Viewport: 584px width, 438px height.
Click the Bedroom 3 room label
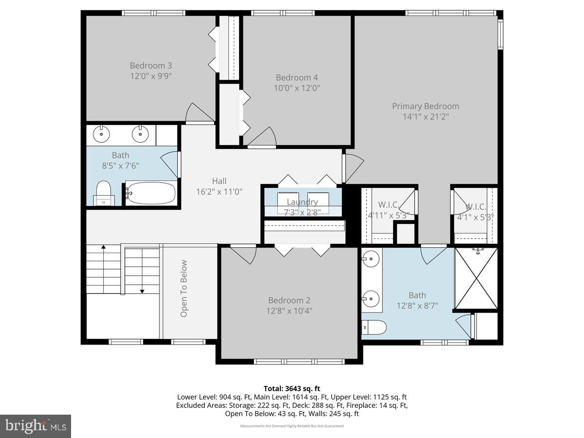[151, 66]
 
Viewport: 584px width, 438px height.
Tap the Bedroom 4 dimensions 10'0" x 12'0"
[297, 88]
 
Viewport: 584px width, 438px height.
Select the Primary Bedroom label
[426, 106]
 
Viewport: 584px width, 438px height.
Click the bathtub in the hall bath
[151, 193]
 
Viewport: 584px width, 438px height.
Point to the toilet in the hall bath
[103, 191]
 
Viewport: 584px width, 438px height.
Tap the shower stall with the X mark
[476, 279]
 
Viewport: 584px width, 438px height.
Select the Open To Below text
[184, 289]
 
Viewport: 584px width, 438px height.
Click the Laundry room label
[302, 202]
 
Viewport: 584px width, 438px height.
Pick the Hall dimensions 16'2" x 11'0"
[219, 192]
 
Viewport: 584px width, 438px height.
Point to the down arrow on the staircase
[142, 290]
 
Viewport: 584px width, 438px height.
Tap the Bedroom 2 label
[289, 301]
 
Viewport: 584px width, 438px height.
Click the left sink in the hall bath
[102, 133]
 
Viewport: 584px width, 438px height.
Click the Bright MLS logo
[36, 426]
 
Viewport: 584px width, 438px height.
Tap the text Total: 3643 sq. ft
[292, 388]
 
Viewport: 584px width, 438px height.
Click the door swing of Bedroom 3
[200, 113]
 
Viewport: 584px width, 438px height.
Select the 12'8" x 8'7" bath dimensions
[417, 306]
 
